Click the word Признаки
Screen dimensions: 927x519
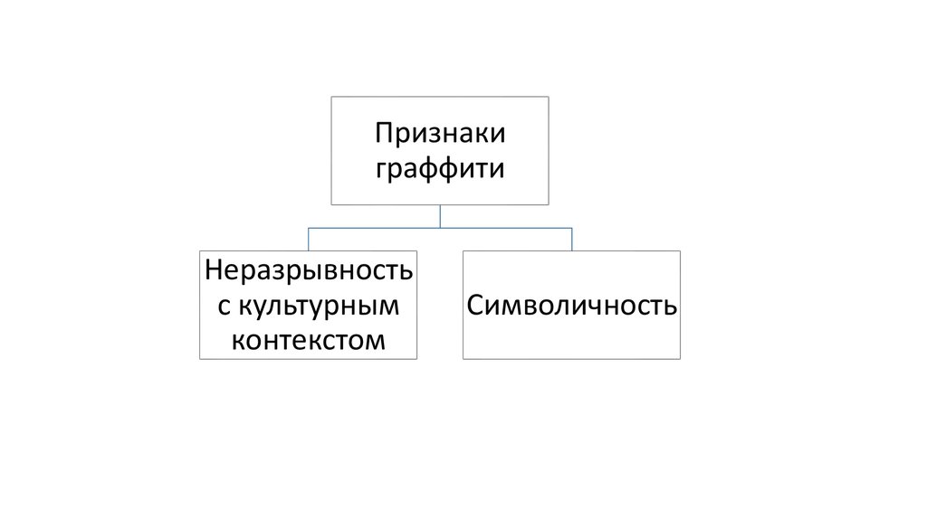[440, 133]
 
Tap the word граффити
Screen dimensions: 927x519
[440, 169]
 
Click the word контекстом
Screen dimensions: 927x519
[308, 341]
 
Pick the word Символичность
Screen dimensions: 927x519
[572, 306]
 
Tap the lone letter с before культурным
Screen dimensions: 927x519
[224, 307]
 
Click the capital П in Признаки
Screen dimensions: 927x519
[383, 133]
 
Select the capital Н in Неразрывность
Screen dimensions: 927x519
[214, 270]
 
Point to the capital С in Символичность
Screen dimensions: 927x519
[475, 306]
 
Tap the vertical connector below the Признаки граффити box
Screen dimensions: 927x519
[440, 216]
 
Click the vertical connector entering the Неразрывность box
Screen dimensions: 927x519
[308, 239]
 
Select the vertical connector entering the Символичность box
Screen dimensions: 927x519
[572, 239]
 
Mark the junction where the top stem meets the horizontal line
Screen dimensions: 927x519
[440, 228]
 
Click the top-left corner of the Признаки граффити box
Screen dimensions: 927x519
[331, 97]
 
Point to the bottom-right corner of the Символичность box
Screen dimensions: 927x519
[681, 359]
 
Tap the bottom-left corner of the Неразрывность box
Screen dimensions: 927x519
[200, 359]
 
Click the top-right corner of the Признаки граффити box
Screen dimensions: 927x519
[549, 97]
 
